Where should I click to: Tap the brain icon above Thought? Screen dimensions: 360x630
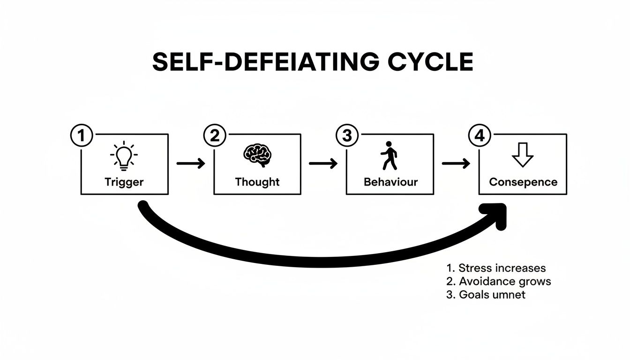(x=257, y=155)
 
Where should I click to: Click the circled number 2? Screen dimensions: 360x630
(x=214, y=136)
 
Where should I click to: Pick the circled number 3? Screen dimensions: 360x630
(x=347, y=136)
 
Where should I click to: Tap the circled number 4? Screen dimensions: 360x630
(x=479, y=136)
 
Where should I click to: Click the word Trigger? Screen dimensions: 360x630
(x=124, y=182)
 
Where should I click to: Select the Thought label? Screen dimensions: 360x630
(x=257, y=182)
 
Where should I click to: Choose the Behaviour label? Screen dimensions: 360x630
(x=390, y=182)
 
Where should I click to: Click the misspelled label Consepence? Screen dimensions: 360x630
(x=523, y=182)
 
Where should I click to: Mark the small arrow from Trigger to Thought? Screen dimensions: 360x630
(x=191, y=163)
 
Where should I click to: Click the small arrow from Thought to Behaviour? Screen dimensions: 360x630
(x=323, y=163)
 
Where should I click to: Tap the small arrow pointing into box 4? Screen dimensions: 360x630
(x=456, y=163)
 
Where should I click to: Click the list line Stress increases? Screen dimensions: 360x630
(x=496, y=268)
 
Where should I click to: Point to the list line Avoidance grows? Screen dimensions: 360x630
(x=498, y=281)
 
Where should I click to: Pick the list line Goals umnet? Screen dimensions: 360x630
(x=486, y=295)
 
